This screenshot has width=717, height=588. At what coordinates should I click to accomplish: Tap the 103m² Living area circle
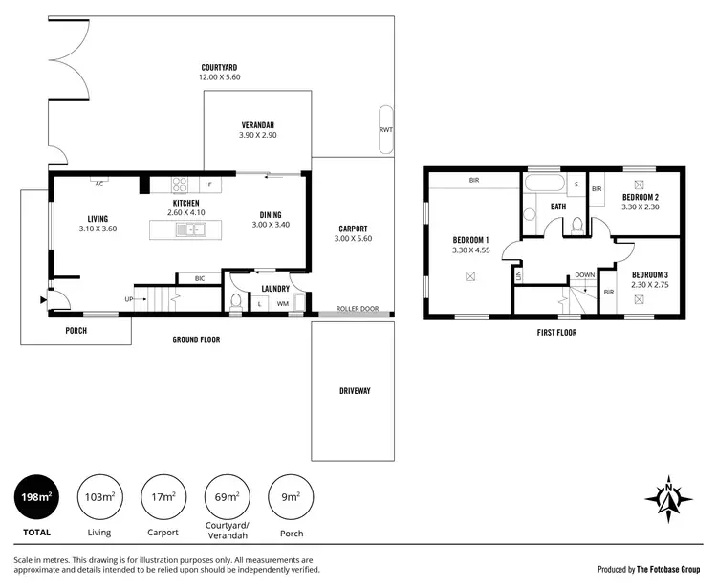(99, 497)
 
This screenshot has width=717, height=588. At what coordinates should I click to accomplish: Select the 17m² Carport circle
(163, 497)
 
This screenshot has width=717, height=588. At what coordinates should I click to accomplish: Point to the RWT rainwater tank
(386, 128)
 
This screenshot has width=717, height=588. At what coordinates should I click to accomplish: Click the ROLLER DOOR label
(358, 310)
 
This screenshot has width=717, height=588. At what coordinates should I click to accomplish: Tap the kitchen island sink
(193, 229)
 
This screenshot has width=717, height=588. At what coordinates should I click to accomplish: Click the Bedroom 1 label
(470, 239)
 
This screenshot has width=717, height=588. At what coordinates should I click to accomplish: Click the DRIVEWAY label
(354, 391)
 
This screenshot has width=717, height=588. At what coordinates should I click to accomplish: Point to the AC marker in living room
(98, 184)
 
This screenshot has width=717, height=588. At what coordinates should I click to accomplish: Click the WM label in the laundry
(283, 304)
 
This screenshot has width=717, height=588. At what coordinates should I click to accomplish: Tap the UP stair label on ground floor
(128, 299)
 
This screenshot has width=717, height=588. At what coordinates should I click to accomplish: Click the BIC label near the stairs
(199, 278)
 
